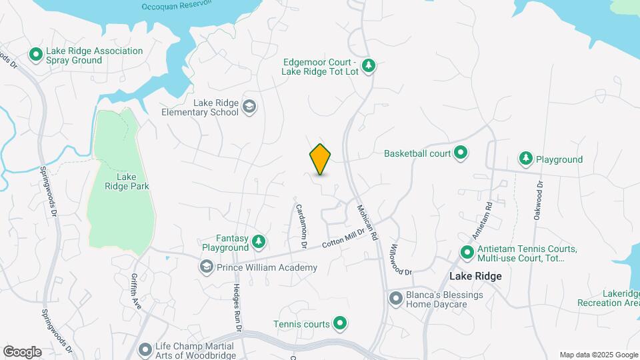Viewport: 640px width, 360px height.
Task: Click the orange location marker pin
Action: coord(321,159)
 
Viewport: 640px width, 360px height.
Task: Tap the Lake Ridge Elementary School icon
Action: coord(249,107)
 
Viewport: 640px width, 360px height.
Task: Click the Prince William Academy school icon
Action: coord(206,267)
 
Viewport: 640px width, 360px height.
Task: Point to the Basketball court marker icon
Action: coord(460,153)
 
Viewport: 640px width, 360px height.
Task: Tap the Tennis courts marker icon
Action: coord(340,324)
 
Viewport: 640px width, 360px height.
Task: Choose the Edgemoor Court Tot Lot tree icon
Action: coord(369,66)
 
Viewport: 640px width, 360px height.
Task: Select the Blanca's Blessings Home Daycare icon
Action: coord(395,299)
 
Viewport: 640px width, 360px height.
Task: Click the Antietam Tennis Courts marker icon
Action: coord(467,254)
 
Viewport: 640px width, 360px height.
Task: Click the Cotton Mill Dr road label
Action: coord(345,238)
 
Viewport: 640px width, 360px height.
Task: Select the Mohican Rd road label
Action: coord(367,221)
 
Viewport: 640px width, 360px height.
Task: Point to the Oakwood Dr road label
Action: coord(538,200)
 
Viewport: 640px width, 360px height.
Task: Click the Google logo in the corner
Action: coord(23,351)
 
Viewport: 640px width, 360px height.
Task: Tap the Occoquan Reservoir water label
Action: coord(176,6)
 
